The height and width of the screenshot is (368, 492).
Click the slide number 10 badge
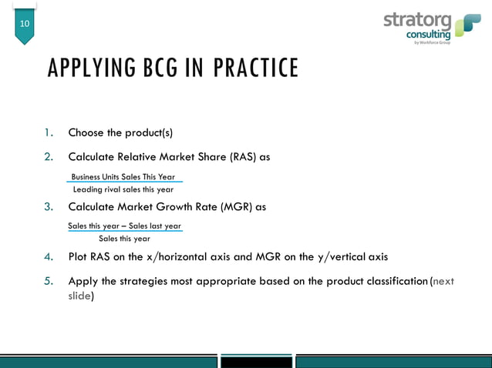click(x=25, y=24)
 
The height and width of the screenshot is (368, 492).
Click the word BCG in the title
click(x=160, y=69)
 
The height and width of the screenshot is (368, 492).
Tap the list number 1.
click(x=48, y=132)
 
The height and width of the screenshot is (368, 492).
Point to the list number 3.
click(x=48, y=207)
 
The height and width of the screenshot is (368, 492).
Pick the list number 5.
click(x=48, y=281)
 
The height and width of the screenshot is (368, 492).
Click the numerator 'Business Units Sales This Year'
click(x=123, y=177)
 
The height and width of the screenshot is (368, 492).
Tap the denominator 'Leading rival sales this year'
click(x=123, y=189)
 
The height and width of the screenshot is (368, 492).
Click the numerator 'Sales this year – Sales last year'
click(x=124, y=226)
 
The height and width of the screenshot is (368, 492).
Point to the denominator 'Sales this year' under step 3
click(x=124, y=239)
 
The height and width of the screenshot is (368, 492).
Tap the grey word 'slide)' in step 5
click(x=81, y=296)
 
